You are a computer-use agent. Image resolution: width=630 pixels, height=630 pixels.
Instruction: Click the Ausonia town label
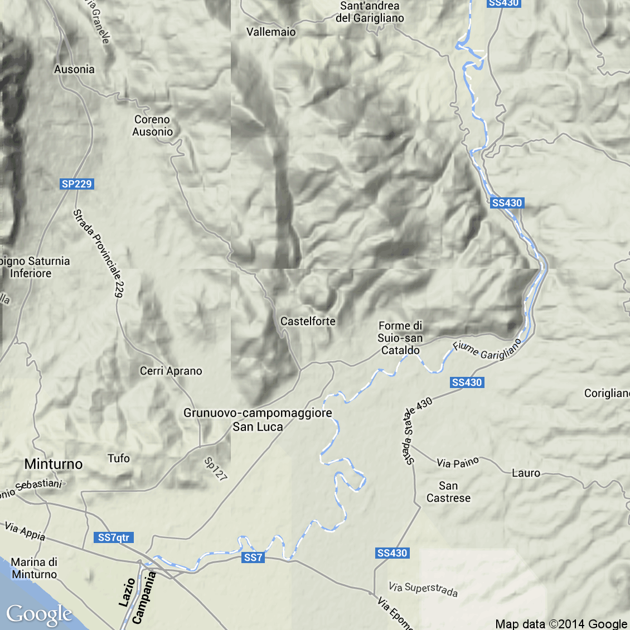pyautogui.click(x=74, y=69)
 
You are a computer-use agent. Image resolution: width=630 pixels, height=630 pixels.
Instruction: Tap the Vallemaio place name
pyautogui.click(x=271, y=32)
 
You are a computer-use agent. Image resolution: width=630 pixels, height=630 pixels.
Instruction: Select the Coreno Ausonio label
pyautogui.click(x=152, y=125)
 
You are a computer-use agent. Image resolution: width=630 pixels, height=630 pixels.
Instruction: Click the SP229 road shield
pyautogui.click(x=76, y=184)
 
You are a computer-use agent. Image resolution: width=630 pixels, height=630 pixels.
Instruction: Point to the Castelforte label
pyautogui.click(x=308, y=321)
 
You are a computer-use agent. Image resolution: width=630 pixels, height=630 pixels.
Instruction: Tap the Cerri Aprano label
pyautogui.click(x=171, y=371)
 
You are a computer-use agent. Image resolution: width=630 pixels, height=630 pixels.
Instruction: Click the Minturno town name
pyautogui.click(x=54, y=464)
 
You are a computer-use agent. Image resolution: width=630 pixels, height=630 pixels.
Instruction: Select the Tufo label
pyautogui.click(x=119, y=458)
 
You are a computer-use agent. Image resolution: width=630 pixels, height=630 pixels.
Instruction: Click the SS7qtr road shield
pyautogui.click(x=113, y=537)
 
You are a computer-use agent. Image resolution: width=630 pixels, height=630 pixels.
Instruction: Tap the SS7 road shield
pyautogui.click(x=253, y=558)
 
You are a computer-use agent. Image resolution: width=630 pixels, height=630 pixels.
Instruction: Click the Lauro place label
pyautogui.click(x=526, y=473)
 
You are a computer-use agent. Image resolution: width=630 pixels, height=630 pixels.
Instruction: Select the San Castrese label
pyautogui.click(x=448, y=492)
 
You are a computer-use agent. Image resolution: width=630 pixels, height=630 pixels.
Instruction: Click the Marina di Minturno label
pyautogui.click(x=34, y=568)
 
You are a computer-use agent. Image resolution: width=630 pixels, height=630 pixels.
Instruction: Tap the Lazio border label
pyautogui.click(x=127, y=592)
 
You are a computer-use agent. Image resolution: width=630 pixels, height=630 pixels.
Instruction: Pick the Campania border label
pyautogui.click(x=144, y=598)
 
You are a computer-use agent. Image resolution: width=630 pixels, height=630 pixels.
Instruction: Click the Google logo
pyautogui.click(x=39, y=614)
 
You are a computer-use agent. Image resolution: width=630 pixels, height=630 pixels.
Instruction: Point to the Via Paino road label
pyautogui.click(x=458, y=463)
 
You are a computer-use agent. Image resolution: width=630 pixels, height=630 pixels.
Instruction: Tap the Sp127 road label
pyautogui.click(x=216, y=469)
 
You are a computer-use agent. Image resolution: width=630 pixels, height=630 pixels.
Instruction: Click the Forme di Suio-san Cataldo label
pyautogui.click(x=400, y=338)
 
